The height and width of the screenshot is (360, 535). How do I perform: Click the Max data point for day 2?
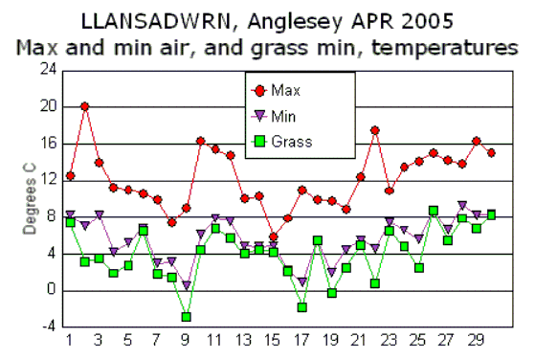[x=85, y=106]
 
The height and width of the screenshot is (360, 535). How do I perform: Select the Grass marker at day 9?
[x=187, y=317]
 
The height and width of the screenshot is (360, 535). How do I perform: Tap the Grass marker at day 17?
[x=302, y=307]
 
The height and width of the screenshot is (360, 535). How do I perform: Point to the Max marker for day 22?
[x=375, y=130]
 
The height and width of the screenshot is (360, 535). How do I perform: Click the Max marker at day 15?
[x=274, y=236]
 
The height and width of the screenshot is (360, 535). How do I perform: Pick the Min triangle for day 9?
[x=187, y=285]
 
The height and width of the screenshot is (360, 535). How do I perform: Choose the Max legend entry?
[x=284, y=91]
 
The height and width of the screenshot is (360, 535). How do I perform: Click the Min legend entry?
[x=284, y=116]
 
